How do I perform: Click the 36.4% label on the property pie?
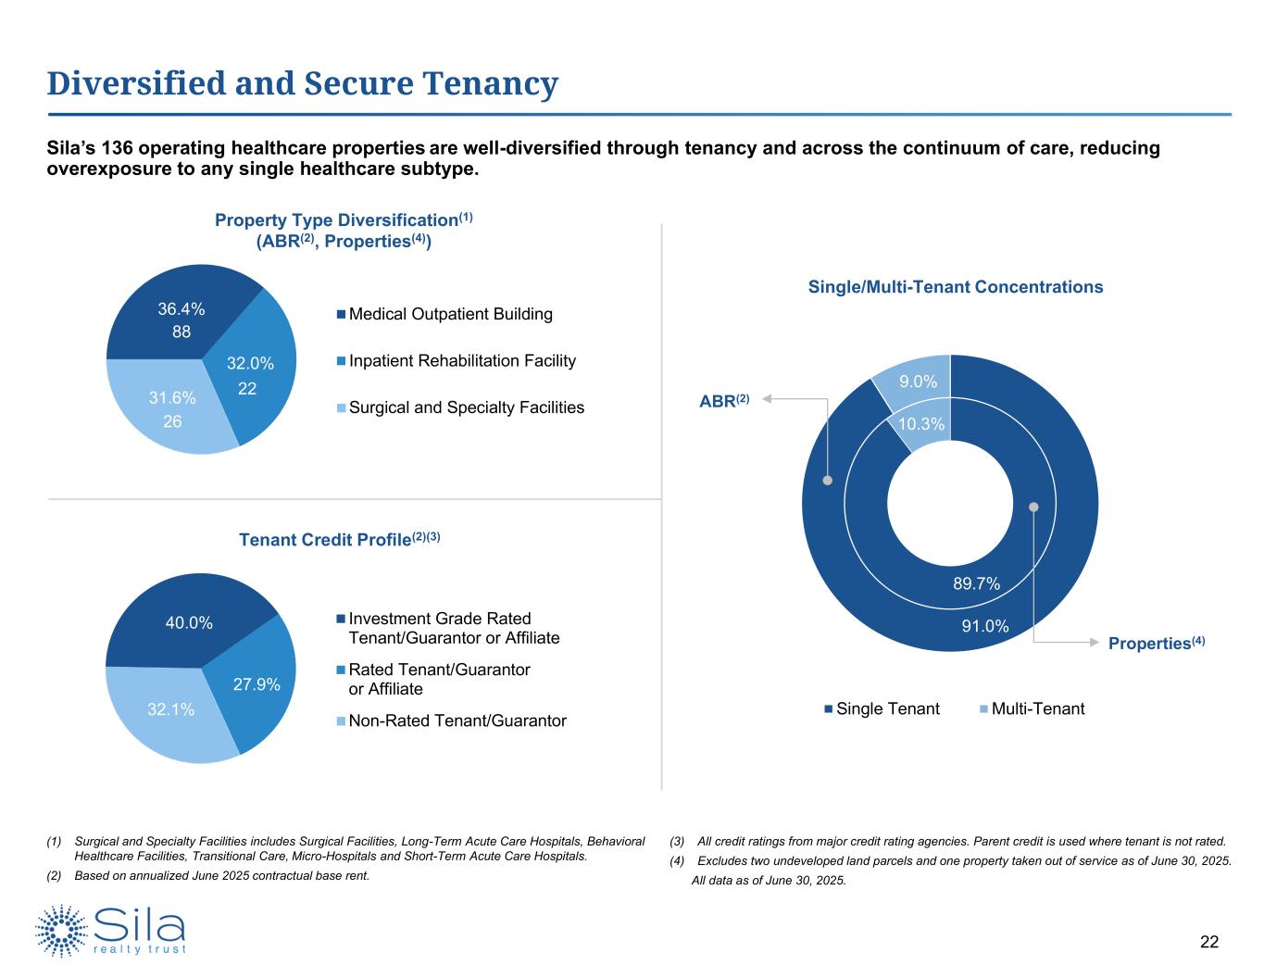181,309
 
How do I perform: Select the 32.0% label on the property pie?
250,364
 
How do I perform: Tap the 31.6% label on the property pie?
172,398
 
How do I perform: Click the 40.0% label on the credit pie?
189,623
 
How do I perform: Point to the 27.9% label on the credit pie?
257,684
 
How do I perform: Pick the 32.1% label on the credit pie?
171,710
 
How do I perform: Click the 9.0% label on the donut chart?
919,382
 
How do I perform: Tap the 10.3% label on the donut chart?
921,424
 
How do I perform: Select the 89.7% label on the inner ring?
977,583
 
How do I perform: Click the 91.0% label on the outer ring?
984,626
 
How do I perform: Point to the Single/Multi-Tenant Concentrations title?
956,287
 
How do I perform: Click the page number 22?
1209,943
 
